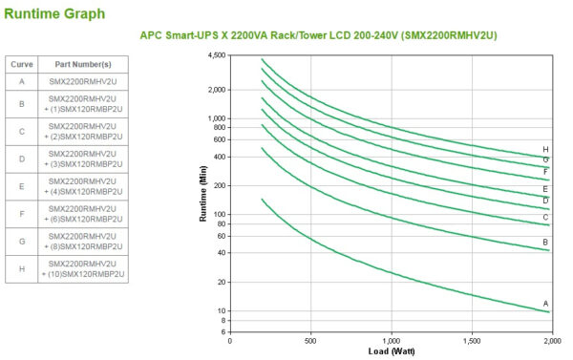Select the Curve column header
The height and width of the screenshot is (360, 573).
[22, 64]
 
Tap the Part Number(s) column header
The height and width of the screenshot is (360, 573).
[82, 64]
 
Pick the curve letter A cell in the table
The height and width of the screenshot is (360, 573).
[22, 83]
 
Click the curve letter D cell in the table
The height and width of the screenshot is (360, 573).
[22, 159]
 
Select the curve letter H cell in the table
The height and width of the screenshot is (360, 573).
[22, 268]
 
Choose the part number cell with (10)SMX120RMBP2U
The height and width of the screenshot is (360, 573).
[83, 274]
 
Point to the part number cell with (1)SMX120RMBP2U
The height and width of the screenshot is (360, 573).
[83, 108]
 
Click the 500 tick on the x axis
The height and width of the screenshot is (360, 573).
[310, 340]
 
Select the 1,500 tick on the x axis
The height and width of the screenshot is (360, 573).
[471, 340]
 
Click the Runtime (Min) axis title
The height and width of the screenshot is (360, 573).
[203, 194]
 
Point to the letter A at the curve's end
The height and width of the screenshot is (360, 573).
[546, 304]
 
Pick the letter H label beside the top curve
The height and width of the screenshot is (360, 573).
[545, 149]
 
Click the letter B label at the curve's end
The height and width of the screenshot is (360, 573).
[546, 242]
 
